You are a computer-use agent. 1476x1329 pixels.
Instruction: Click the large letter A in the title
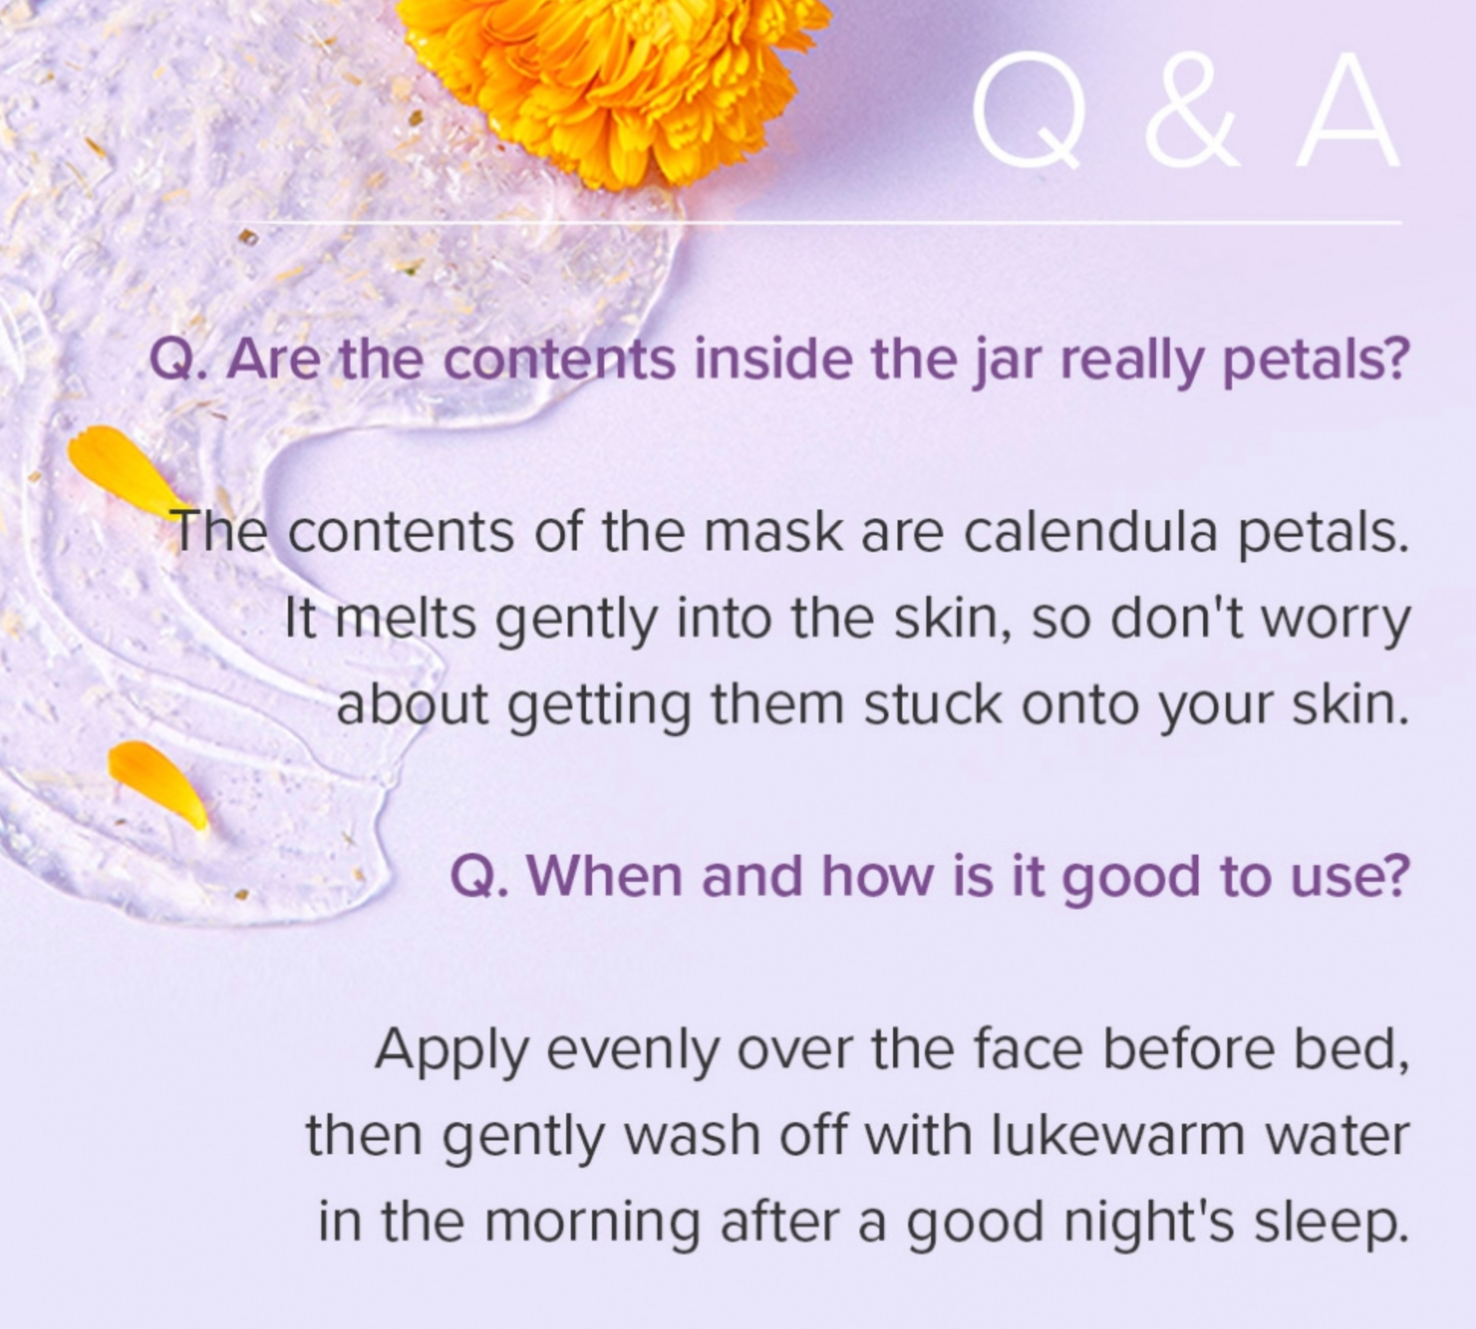point(1347,111)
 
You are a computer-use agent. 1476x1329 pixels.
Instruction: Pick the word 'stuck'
point(933,703)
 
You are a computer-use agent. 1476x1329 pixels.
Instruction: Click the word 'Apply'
point(451,1050)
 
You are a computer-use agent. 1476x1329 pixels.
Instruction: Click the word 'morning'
point(591,1223)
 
